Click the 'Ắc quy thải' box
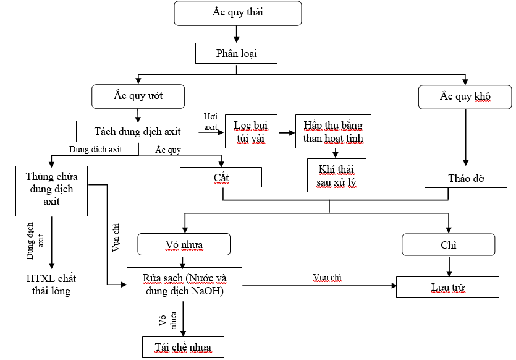(x=238, y=12)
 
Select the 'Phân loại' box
(x=236, y=53)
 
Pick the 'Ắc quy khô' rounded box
(x=465, y=96)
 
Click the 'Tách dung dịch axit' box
(x=137, y=132)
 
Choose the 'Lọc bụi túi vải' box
(x=250, y=132)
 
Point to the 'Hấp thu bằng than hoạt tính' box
(x=333, y=132)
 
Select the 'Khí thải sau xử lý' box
(x=337, y=175)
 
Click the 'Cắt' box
(x=221, y=178)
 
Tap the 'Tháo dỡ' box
(x=465, y=178)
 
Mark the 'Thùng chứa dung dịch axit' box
(x=51, y=190)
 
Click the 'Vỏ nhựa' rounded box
(x=184, y=245)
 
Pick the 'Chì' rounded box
(x=449, y=245)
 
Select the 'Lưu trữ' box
(x=447, y=286)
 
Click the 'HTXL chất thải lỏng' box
(x=51, y=285)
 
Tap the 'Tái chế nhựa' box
(x=182, y=346)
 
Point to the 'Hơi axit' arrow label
(x=211, y=122)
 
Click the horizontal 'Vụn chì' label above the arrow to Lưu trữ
(x=326, y=278)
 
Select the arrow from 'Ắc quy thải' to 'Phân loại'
(x=237, y=34)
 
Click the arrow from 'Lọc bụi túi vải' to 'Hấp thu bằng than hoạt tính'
(x=286, y=132)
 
